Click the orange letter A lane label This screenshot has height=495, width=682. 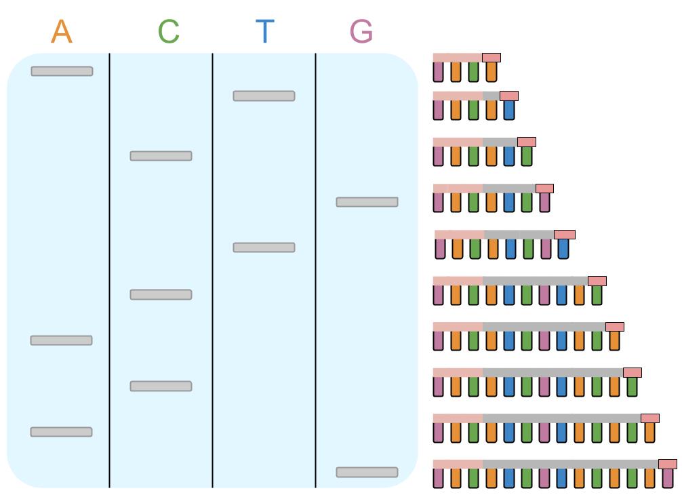click(x=62, y=32)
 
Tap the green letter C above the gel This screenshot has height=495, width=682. click(x=169, y=32)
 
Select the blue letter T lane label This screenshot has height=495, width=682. click(x=265, y=32)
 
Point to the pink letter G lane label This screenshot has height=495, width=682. click(x=361, y=32)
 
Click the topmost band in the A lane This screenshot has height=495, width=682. click(x=62, y=71)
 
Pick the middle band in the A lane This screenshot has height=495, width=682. click(x=61, y=340)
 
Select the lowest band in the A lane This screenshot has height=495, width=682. click(x=61, y=432)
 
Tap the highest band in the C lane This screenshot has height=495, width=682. click(x=161, y=156)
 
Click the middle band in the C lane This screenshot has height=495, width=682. click(x=161, y=294)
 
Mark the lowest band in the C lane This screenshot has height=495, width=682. click(x=161, y=386)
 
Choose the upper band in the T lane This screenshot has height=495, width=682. click(x=264, y=96)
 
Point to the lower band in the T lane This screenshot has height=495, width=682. click(x=264, y=248)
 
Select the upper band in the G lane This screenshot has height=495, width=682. click(x=367, y=202)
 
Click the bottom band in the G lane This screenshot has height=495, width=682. click(x=367, y=472)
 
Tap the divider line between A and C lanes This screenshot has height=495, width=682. click(x=110, y=271)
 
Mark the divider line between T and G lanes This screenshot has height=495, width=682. click(x=316, y=271)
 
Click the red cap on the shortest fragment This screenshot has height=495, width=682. click(x=492, y=58)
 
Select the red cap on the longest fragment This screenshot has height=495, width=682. click(x=668, y=464)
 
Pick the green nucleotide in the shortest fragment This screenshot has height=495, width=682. click(x=473, y=71)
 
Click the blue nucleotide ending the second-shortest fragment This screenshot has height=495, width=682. click(x=509, y=110)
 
